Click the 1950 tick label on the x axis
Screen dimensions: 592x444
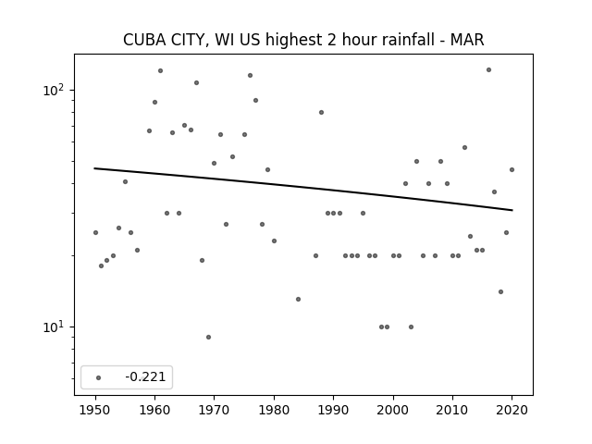[x=95, y=410]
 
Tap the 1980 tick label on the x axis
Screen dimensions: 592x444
[x=274, y=410]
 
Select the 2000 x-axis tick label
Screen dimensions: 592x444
[x=393, y=410]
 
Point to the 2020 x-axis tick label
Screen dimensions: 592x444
[x=512, y=410]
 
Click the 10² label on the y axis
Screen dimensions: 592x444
[x=54, y=90]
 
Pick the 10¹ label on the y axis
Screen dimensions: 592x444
[x=54, y=327]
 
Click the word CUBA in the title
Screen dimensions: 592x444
[x=144, y=40]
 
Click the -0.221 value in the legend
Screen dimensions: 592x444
[x=145, y=376]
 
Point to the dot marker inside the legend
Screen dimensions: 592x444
[x=98, y=377]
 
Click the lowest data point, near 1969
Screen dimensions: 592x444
[x=208, y=337]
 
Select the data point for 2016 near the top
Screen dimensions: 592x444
[x=488, y=70]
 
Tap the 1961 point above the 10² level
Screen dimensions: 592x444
[x=160, y=70]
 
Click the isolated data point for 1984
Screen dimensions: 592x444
[x=298, y=300]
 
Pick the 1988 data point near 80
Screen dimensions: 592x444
[x=321, y=112]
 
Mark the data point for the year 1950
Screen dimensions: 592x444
[x=95, y=232]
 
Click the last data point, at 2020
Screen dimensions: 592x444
[x=512, y=170]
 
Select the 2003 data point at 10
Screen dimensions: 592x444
[x=411, y=327]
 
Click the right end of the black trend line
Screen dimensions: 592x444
[x=512, y=210]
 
